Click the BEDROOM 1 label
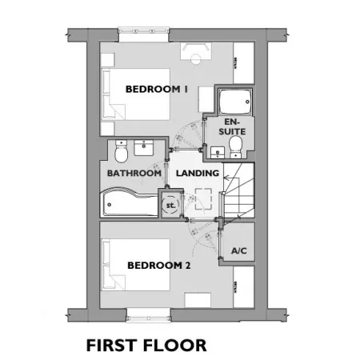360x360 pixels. pos(157,89)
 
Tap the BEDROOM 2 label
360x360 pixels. pos(159,266)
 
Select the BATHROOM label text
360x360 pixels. pos(134,173)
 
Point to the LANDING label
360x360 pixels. pos(198,173)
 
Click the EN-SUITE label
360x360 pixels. pos(232,126)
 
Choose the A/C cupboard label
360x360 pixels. pos(239,251)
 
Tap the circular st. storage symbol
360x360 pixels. pos(170,205)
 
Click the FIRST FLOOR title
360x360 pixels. pos(146,346)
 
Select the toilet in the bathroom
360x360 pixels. pos(122,151)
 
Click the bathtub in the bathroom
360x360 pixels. pos(130,202)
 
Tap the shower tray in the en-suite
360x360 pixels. pos(235,102)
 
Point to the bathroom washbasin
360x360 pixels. pos(143,148)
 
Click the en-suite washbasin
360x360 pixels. pos(218,153)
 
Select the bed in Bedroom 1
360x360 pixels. pos(135,94)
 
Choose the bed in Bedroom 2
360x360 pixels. pos(135,264)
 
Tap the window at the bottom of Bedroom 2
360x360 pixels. pos(148,315)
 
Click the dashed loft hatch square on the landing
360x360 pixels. pos(204,198)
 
